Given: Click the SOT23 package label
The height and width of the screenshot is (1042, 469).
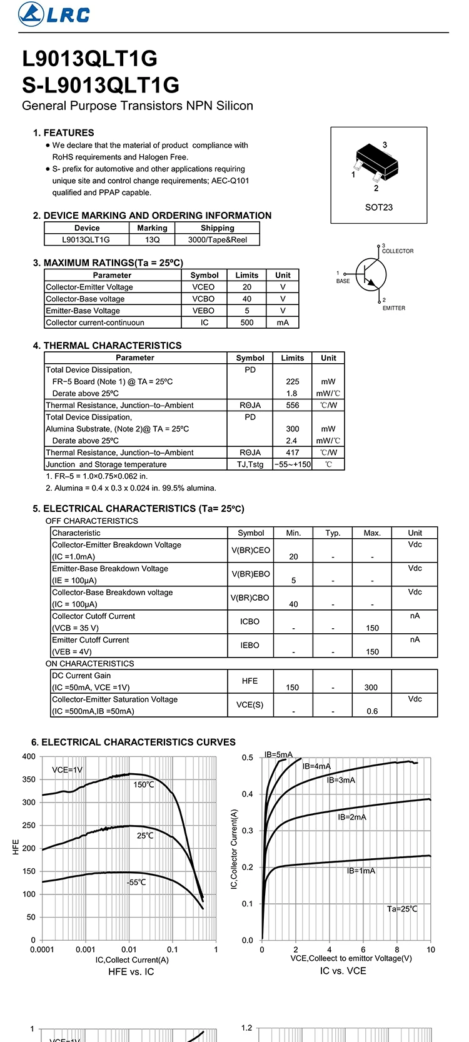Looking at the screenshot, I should pyautogui.click(x=378, y=207).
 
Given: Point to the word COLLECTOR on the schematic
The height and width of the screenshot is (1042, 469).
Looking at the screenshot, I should pyautogui.click(x=398, y=251).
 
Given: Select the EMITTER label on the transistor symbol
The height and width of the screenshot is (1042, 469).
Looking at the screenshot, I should pyautogui.click(x=394, y=308).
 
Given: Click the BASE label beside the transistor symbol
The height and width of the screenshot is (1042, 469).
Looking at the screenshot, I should pyautogui.click(x=343, y=281).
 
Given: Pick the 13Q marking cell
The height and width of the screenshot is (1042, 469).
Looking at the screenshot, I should pyautogui.click(x=152, y=239).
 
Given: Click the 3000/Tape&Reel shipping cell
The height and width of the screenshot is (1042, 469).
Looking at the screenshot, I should pyautogui.click(x=217, y=239).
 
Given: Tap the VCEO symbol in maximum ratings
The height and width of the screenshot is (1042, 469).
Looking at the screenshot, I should pyautogui.click(x=203, y=287).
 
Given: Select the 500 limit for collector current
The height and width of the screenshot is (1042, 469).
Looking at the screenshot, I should pyautogui.click(x=247, y=323).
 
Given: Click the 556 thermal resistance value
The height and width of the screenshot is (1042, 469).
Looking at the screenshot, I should pyautogui.click(x=292, y=405).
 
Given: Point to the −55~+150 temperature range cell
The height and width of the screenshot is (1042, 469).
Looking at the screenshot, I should pyautogui.click(x=292, y=464).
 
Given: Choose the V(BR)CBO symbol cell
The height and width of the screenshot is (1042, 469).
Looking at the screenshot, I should pyautogui.click(x=250, y=598).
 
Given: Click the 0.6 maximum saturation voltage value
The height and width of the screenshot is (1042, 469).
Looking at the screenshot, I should pyautogui.click(x=372, y=711).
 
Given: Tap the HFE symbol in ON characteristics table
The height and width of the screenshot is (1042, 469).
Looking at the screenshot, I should pyautogui.click(x=250, y=681).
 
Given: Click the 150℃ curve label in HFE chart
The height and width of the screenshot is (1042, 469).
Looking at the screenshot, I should pyautogui.click(x=143, y=784).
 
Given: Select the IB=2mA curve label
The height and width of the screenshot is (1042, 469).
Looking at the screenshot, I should pyautogui.click(x=352, y=817).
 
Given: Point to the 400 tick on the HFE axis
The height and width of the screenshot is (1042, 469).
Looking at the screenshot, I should pyautogui.click(x=29, y=756).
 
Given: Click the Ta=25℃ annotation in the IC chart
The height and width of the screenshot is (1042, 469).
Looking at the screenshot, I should pyautogui.click(x=402, y=909).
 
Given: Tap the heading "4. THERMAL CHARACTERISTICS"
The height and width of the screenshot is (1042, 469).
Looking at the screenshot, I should pyautogui.click(x=107, y=346).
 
